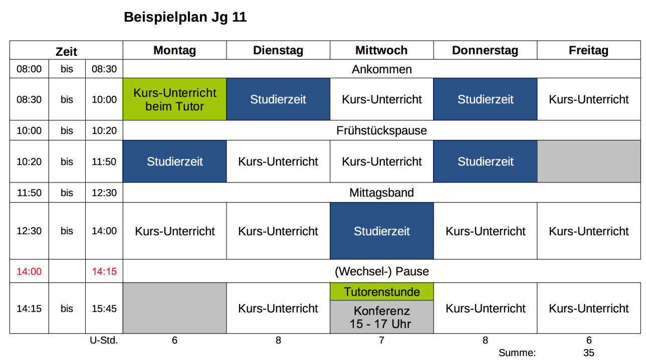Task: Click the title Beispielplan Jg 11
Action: (x=185, y=18)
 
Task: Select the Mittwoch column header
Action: (x=381, y=50)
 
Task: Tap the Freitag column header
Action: (x=588, y=50)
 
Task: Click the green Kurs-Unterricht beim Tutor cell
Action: (x=174, y=99)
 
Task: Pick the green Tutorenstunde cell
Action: (x=381, y=292)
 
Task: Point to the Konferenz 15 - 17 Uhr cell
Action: (x=381, y=317)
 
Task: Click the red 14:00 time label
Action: (x=29, y=271)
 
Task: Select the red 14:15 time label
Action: (x=104, y=271)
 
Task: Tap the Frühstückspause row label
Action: (x=381, y=131)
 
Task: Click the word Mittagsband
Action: (x=381, y=193)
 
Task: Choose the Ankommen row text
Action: (x=381, y=69)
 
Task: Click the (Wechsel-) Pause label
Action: (x=381, y=271)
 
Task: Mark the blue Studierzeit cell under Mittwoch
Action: (x=381, y=231)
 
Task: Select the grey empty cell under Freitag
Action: (x=588, y=161)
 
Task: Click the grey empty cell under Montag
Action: (x=174, y=308)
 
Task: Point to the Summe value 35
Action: (x=588, y=353)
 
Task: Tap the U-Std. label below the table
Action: (x=104, y=340)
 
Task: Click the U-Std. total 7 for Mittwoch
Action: (x=381, y=340)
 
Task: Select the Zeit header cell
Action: (x=66, y=51)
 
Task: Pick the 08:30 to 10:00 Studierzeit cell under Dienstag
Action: (x=278, y=99)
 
